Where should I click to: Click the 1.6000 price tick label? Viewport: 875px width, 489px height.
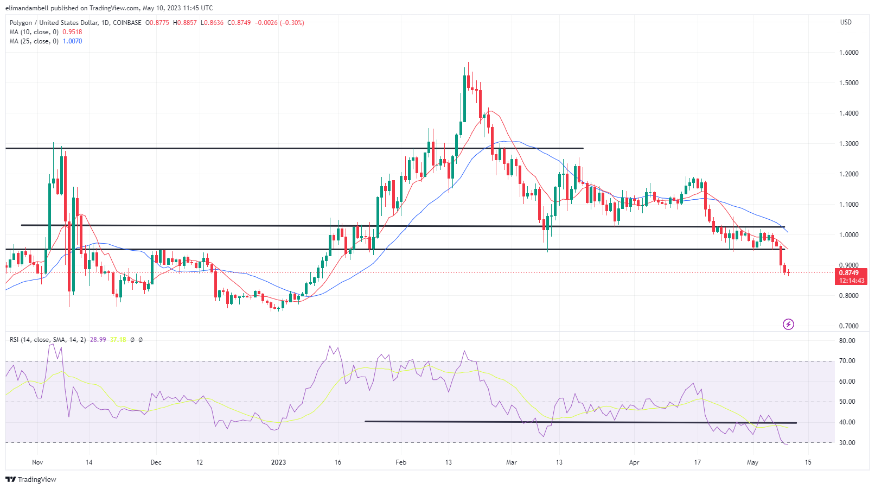[849, 53]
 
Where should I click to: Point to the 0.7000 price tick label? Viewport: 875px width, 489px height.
[849, 326]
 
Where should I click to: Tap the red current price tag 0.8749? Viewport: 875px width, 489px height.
[849, 273]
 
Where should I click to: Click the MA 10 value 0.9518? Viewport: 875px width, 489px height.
[72, 32]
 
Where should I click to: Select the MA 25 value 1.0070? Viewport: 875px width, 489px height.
[72, 41]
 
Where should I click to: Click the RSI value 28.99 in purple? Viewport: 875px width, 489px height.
[98, 340]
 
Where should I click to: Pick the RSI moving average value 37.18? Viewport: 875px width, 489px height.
[118, 340]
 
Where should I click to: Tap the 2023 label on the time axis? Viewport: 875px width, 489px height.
[278, 462]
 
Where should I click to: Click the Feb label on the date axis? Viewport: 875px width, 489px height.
[401, 462]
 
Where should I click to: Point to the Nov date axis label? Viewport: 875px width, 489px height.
[37, 462]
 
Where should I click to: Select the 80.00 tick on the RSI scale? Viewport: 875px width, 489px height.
[847, 341]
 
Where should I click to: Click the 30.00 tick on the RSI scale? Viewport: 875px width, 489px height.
[847, 443]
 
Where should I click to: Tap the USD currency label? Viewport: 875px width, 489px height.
[846, 22]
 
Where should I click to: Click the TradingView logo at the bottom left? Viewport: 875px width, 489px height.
[31, 480]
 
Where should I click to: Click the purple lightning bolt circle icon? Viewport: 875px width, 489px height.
[788, 325]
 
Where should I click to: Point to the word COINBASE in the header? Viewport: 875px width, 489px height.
[127, 23]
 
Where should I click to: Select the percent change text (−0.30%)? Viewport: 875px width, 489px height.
[292, 23]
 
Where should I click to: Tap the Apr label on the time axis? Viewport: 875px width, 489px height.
[634, 462]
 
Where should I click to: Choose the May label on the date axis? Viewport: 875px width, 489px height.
[752, 462]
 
